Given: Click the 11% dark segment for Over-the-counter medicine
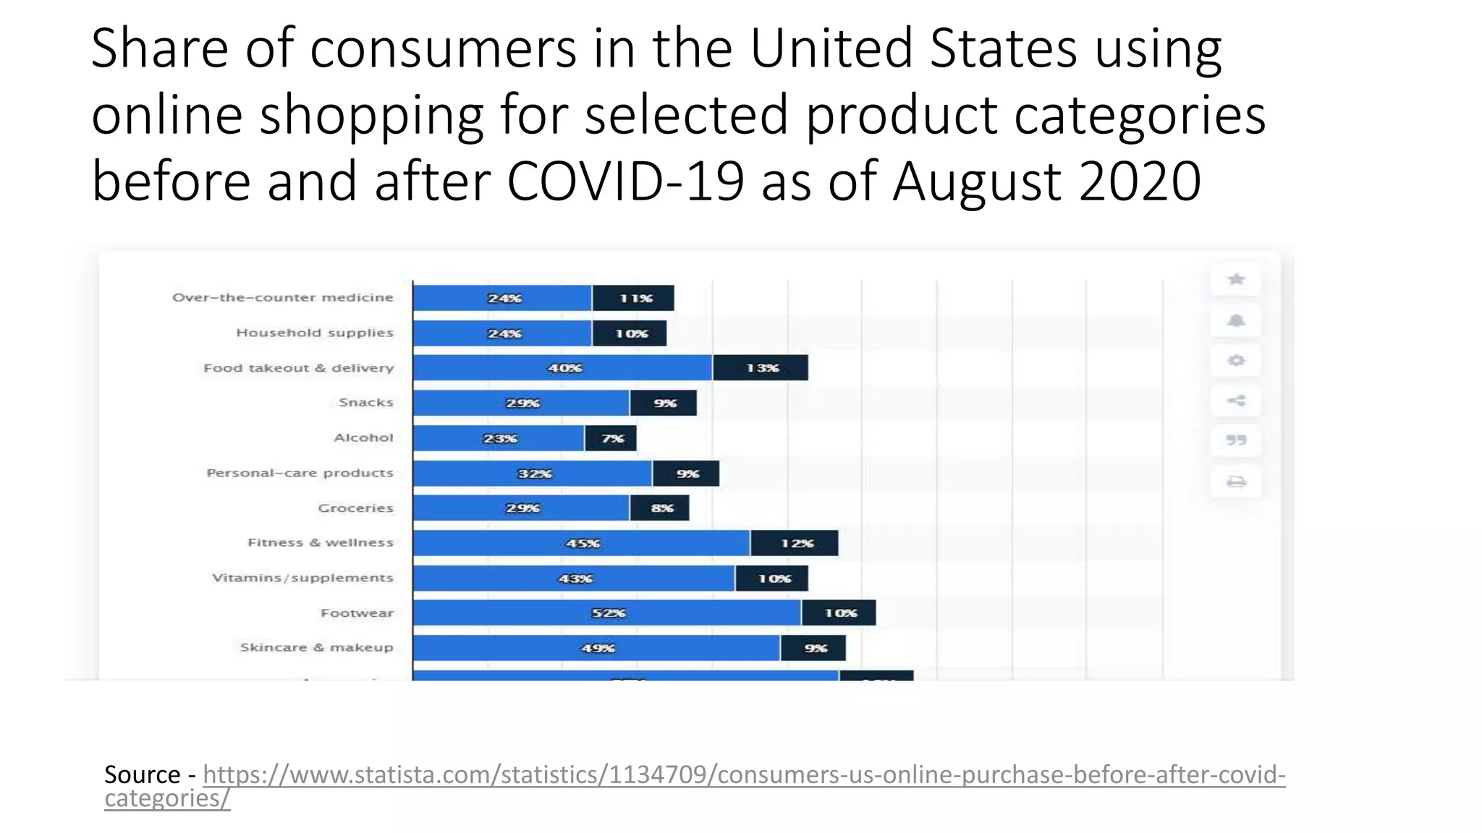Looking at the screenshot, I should pyautogui.click(x=633, y=298).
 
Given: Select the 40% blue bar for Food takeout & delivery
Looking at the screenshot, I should pyautogui.click(x=562, y=368).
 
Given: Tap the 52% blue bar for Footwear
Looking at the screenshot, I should pyautogui.click(x=606, y=613).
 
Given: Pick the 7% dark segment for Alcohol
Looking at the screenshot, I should pyautogui.click(x=611, y=438).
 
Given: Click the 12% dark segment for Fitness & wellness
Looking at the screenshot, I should pyautogui.click(x=794, y=543).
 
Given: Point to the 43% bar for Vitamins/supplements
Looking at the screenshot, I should pyautogui.click(x=574, y=578).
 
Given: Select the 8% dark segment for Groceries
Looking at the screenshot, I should pyautogui.click(x=659, y=508).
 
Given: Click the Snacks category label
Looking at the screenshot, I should pyautogui.click(x=365, y=403).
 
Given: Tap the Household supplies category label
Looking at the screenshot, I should pyautogui.click(x=315, y=333).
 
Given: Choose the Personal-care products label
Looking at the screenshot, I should pyautogui.click(x=300, y=473).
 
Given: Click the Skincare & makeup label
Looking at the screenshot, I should pyautogui.click(x=316, y=648).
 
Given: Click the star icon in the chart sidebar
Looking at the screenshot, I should pyautogui.click(x=1236, y=280).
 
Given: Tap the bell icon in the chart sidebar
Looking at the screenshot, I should pyautogui.click(x=1236, y=320).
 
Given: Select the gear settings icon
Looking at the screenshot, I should pyautogui.click(x=1236, y=360).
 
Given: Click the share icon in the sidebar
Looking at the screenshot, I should pyautogui.click(x=1236, y=401).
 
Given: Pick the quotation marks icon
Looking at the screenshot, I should pyautogui.click(x=1236, y=440).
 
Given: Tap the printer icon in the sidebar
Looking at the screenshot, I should pyautogui.click(x=1236, y=482).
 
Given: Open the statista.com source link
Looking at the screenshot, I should pyautogui.click(x=743, y=775).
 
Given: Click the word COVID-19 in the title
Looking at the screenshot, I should pyautogui.click(x=624, y=181).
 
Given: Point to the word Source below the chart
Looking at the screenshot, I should pyautogui.click(x=142, y=775).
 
